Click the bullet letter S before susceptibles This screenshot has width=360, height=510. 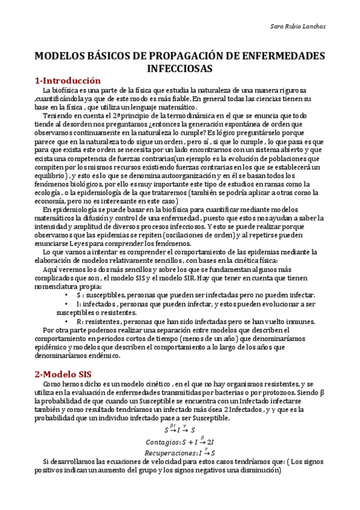[79, 296]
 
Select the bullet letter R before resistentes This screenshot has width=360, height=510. [79, 322]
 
